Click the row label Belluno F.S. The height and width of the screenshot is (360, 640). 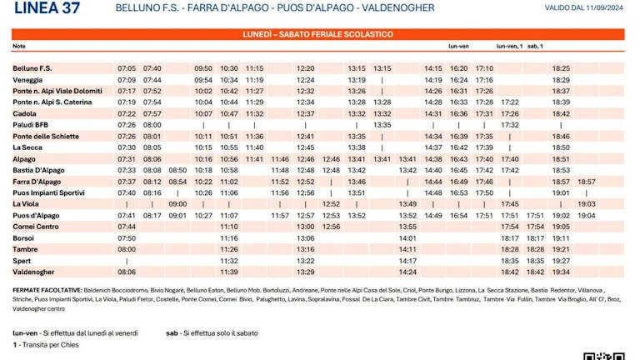[32, 67]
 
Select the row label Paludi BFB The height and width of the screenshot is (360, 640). [30, 124]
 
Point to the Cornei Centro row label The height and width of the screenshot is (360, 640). [35, 226]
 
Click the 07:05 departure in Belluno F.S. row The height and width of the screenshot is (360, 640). [127, 67]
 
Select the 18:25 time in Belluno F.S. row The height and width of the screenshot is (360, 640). [561, 67]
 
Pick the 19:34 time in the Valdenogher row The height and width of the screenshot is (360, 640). [561, 272]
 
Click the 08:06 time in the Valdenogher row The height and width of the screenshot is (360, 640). [127, 272]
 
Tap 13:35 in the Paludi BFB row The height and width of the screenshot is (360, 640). [382, 124]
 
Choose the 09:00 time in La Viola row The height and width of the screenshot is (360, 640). [177, 203]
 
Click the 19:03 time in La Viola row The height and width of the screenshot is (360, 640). [587, 203]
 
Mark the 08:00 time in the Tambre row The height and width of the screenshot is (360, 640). [127, 248]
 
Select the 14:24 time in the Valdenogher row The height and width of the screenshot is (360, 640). [407, 272]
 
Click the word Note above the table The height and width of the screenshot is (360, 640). [19, 46]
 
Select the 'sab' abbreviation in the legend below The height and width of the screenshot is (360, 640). [172, 332]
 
